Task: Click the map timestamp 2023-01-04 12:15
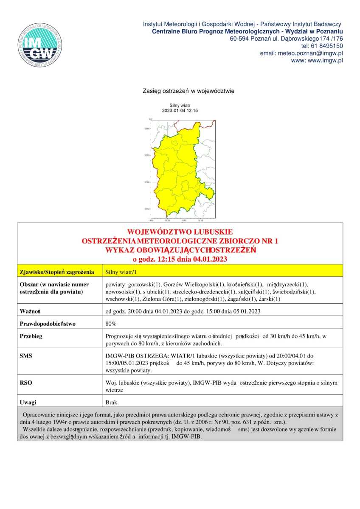click(x=180, y=110)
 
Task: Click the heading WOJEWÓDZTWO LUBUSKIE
click(x=180, y=232)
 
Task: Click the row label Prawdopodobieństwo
click(x=48, y=324)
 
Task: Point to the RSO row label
click(x=26, y=383)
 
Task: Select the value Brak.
click(x=112, y=401)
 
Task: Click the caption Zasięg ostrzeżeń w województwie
click(x=189, y=91)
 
